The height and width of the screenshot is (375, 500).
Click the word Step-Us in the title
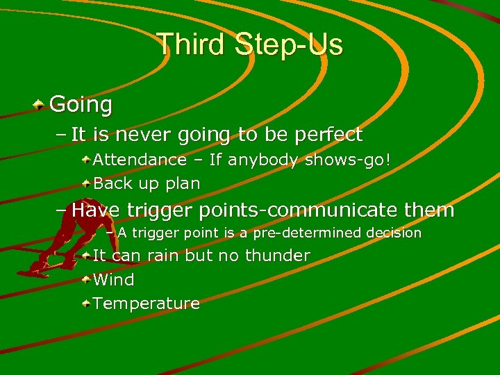click(x=289, y=44)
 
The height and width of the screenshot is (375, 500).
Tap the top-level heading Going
click(x=81, y=105)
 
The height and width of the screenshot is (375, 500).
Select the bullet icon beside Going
click(x=41, y=105)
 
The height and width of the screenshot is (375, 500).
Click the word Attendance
click(x=140, y=160)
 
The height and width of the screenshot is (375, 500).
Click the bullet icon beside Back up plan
click(x=85, y=184)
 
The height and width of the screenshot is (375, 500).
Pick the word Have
click(x=97, y=210)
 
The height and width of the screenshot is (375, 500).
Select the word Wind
click(x=113, y=280)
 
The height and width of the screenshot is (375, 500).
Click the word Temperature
click(x=146, y=303)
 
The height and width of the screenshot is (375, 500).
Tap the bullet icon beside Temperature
click(x=85, y=303)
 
